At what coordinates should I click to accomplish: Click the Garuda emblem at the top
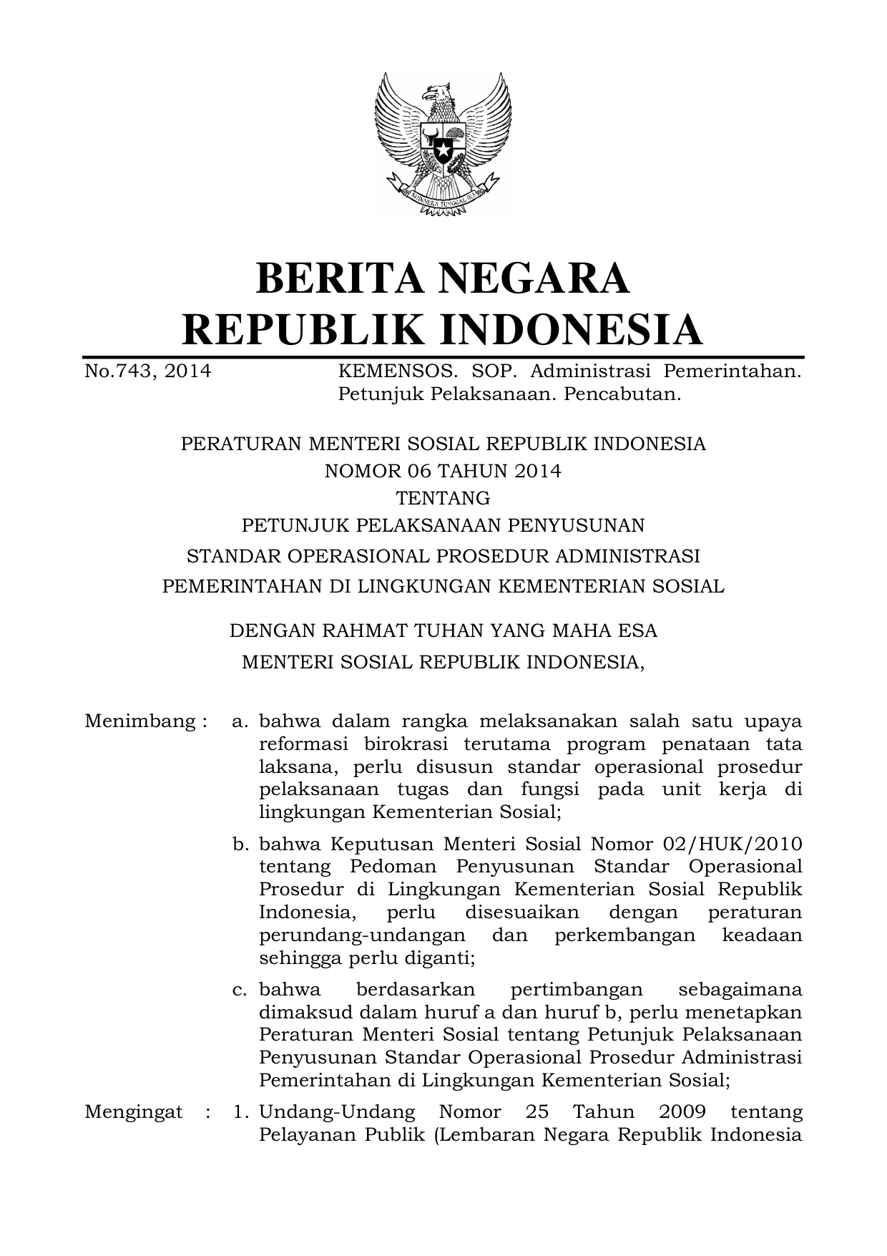[443, 143]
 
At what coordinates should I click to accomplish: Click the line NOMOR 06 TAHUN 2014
[443, 471]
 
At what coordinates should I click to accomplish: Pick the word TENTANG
[443, 497]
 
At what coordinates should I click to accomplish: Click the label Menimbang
[140, 721]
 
